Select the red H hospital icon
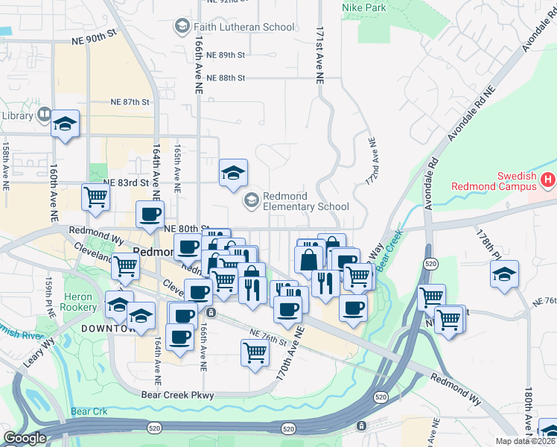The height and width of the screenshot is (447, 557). click(548, 180)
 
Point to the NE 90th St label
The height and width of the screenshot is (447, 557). click(95, 35)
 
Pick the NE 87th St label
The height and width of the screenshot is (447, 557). click(130, 101)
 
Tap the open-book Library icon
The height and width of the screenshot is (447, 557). click(44, 115)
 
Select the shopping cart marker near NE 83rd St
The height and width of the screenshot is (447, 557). click(96, 197)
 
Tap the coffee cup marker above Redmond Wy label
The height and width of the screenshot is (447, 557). click(150, 215)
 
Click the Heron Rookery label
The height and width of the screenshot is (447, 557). click(78, 302)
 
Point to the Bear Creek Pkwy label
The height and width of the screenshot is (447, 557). click(177, 395)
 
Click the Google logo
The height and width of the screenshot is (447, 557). click(25, 438)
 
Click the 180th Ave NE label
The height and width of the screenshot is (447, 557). click(527, 410)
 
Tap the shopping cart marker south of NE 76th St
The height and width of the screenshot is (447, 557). click(255, 352)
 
